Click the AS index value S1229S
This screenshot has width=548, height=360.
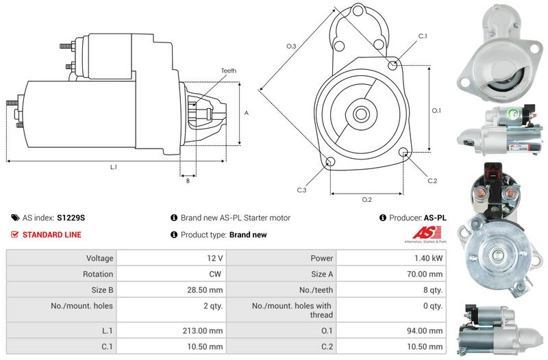click(71, 218)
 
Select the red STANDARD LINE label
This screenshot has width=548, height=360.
click(52, 235)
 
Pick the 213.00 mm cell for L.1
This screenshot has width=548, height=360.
click(206, 330)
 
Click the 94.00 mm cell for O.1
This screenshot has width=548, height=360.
click(428, 330)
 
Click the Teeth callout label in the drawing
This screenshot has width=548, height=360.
click(229, 70)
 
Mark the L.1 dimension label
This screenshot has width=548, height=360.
click(113, 167)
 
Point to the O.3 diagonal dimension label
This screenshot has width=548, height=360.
click(291, 46)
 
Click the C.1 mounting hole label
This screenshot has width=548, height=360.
click(423, 36)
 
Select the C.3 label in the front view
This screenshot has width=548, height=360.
click(301, 190)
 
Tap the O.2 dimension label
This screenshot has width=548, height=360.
click(366, 200)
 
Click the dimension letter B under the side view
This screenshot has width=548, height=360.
click(188, 181)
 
